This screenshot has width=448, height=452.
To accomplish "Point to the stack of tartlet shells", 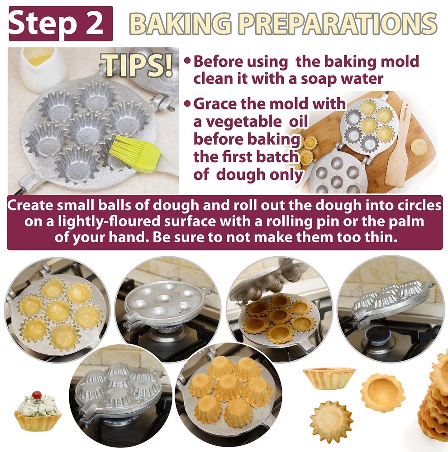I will click(x=434, y=398).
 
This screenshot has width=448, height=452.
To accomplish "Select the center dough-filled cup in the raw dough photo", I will click(x=58, y=311).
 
